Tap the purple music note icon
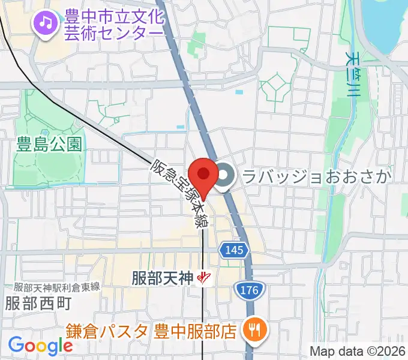(45, 23)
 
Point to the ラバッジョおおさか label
(316, 176)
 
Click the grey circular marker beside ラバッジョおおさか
(226, 176)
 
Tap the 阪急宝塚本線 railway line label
(179, 193)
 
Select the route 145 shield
(235, 250)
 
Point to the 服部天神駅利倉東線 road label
(56, 287)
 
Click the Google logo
(40, 346)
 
